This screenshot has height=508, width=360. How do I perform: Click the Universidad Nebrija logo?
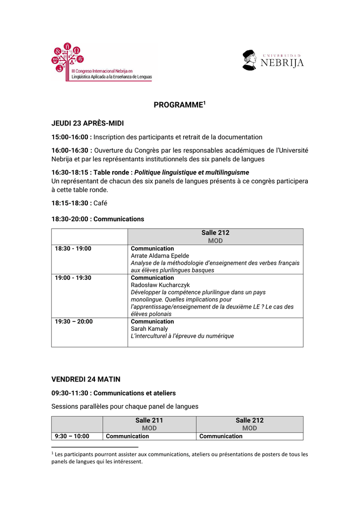(273, 61)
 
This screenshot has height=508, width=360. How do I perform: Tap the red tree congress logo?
(68, 58)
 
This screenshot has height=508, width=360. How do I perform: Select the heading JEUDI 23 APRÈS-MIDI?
(88, 123)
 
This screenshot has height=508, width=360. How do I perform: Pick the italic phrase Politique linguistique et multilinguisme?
(192, 172)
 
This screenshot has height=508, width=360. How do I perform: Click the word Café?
(100, 203)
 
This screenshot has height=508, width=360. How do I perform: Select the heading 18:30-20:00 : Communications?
(98, 219)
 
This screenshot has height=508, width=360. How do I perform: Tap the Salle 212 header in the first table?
(215, 233)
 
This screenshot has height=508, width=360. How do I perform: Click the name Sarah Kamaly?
(149, 329)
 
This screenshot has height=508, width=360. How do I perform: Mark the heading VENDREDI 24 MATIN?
(86, 380)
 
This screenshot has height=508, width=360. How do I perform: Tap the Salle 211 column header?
(149, 420)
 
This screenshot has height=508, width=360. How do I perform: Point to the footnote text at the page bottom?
(180, 458)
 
